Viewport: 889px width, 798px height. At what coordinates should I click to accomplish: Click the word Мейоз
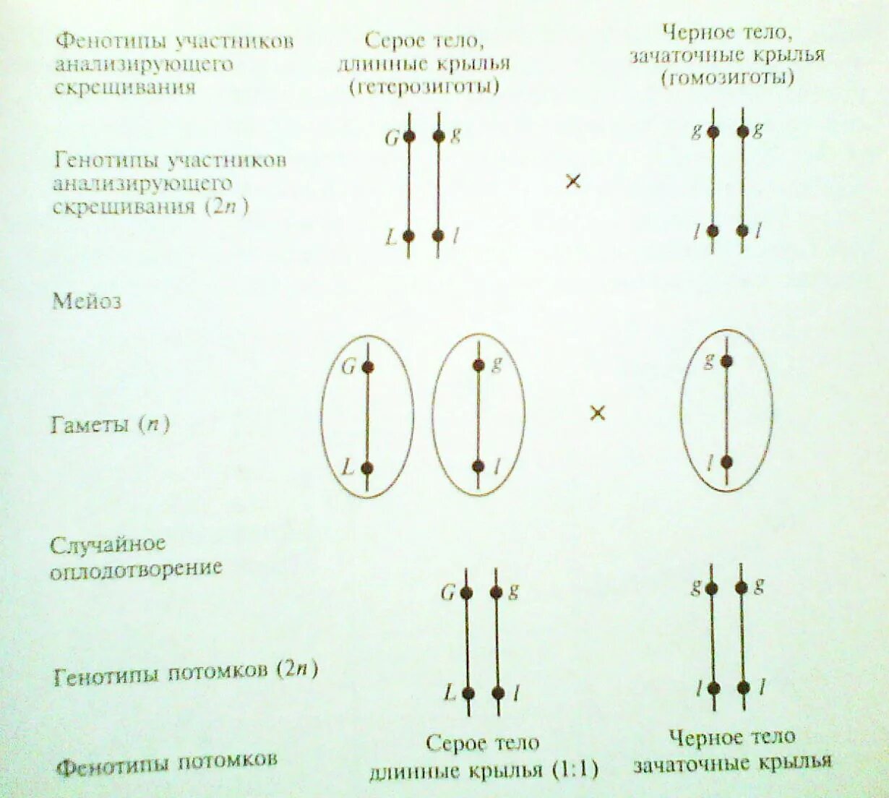87,301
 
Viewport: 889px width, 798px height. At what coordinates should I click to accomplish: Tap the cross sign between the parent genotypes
572,181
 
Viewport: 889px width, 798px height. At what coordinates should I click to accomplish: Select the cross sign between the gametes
597,413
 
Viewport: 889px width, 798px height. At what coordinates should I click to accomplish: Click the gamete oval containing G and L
367,416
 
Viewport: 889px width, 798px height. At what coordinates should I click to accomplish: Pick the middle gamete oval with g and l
478,416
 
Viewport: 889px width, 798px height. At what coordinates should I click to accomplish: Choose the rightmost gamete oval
726,411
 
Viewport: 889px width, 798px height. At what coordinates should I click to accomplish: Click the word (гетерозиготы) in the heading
424,87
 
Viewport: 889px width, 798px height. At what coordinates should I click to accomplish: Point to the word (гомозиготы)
728,77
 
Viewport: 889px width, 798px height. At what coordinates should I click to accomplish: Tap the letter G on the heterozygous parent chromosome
392,137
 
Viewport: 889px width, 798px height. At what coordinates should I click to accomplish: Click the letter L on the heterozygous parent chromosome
391,237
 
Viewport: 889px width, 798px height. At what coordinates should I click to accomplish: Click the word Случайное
108,544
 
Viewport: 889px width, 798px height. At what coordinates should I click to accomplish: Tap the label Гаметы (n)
110,424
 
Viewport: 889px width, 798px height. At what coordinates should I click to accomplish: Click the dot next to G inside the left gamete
367,367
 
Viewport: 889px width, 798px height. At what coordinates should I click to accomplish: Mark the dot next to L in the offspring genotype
468,693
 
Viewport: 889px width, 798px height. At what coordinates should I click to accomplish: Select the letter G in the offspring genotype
448,593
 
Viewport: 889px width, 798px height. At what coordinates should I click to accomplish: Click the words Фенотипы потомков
167,763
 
